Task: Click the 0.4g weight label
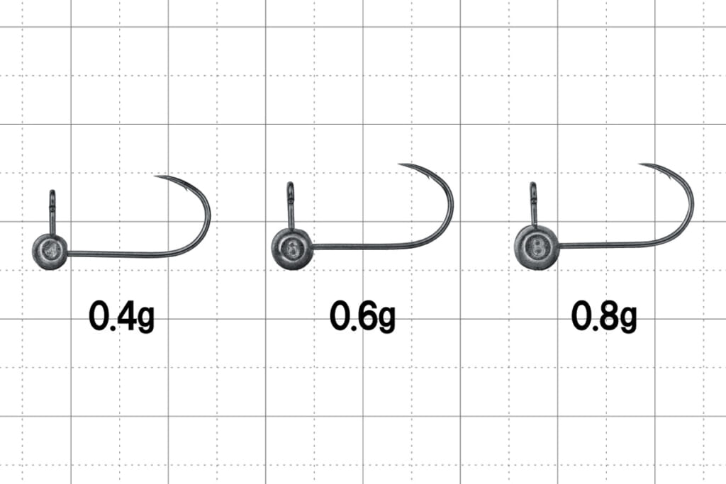coord(121,316)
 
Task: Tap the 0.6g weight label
coord(362,316)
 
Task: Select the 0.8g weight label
coord(604,316)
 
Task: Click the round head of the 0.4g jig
coord(50,252)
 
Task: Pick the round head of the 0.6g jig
coord(291,249)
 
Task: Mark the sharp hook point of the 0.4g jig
coord(156,176)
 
